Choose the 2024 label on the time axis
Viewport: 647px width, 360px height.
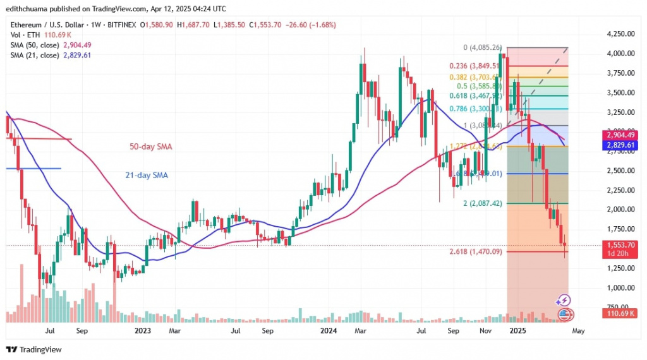point(329,330)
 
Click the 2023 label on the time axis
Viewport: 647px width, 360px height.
point(142,330)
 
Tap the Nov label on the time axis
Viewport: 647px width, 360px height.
point(485,330)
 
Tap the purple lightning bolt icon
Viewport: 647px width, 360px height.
point(564,301)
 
